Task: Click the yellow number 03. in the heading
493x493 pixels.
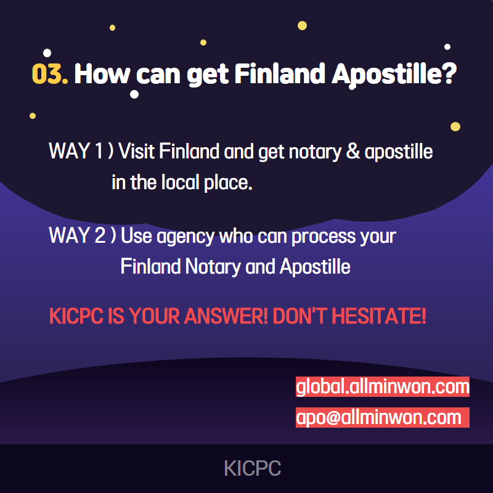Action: (50, 74)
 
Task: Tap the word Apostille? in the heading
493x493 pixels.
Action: (394, 75)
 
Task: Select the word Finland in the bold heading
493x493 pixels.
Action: (280, 73)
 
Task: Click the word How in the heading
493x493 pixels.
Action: (102, 73)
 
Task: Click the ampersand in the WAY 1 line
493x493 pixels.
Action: (352, 151)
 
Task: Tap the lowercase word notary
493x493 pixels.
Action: (315, 152)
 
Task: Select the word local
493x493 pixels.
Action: (181, 182)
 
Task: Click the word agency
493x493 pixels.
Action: (185, 237)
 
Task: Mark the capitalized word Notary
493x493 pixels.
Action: (213, 267)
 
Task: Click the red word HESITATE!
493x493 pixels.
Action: (379, 316)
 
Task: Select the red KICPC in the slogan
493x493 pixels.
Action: (76, 316)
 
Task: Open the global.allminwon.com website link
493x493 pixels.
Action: (383, 386)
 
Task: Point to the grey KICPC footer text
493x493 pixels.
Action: (253, 468)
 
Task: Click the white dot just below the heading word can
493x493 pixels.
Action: (134, 94)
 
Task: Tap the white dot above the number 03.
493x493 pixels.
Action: (47, 53)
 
